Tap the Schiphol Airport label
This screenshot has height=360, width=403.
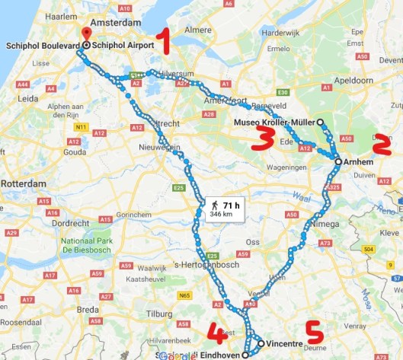coord(127,45)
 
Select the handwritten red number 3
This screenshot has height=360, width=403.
coord(263,138)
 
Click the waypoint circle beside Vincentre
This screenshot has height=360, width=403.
coord(261,344)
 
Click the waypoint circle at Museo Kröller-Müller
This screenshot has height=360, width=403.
coord(320,122)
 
